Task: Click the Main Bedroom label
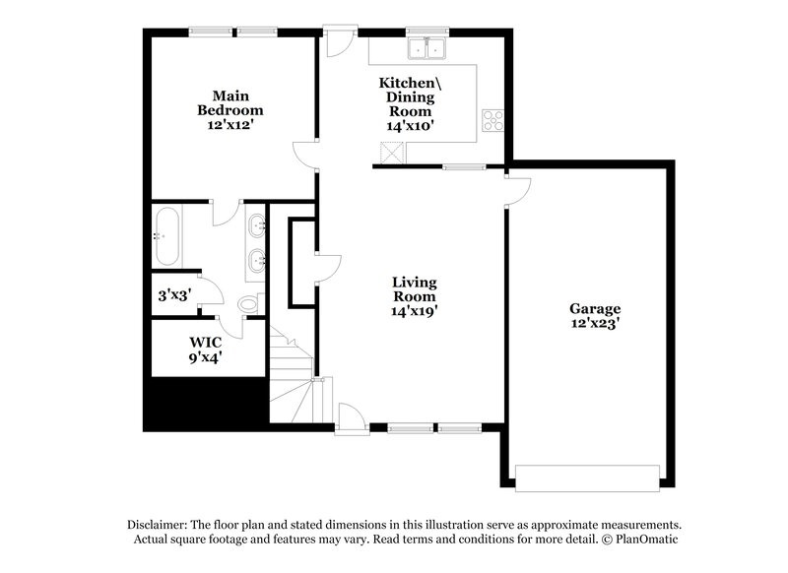[x=230, y=102]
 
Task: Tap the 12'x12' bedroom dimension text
[x=230, y=125]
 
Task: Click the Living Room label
[x=414, y=289]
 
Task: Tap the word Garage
[x=595, y=308]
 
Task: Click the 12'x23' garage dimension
[x=595, y=323]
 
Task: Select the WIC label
[x=206, y=342]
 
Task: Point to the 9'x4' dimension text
[x=206, y=357]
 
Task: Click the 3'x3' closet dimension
[x=173, y=293]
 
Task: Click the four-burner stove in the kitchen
[x=492, y=121]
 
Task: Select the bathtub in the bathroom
[x=165, y=236]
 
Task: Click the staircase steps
[x=292, y=379]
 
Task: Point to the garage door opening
[x=590, y=477]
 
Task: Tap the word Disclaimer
[x=160, y=525]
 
